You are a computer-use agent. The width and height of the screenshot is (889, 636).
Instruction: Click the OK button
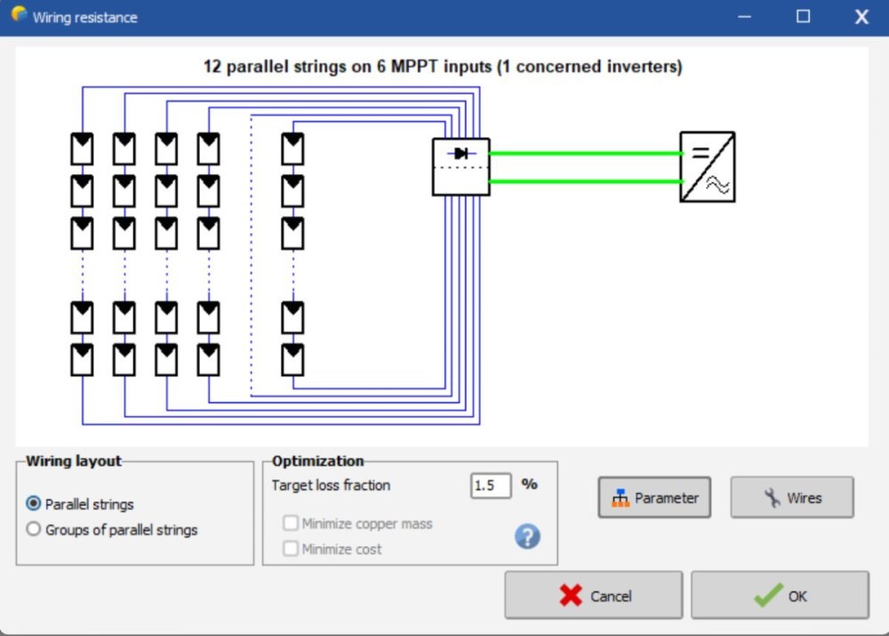point(780,595)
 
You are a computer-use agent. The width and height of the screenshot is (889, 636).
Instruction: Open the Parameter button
point(654,498)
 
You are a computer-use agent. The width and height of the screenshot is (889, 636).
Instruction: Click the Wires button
point(792,498)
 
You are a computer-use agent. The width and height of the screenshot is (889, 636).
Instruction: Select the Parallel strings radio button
point(34,503)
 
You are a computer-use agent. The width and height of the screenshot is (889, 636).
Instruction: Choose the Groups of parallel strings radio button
point(34,529)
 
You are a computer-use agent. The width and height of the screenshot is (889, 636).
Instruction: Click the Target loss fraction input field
point(491,485)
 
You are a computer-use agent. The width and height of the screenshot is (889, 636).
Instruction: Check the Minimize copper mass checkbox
point(291,524)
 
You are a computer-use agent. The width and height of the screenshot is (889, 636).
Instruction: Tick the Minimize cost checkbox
point(291,549)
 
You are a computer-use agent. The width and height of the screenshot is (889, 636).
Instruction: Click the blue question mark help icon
point(528,536)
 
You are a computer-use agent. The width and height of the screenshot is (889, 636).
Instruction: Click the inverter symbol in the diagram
point(708,166)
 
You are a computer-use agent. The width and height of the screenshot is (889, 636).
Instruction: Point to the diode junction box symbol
point(461,166)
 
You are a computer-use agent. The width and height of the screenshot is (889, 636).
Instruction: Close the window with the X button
point(861,17)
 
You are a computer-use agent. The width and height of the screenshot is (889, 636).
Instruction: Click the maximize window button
point(804,17)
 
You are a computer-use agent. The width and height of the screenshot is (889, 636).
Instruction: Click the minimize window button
point(745,17)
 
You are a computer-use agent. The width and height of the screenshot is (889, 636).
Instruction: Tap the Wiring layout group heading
point(74,461)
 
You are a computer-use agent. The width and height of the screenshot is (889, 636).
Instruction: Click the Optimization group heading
point(317,461)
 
